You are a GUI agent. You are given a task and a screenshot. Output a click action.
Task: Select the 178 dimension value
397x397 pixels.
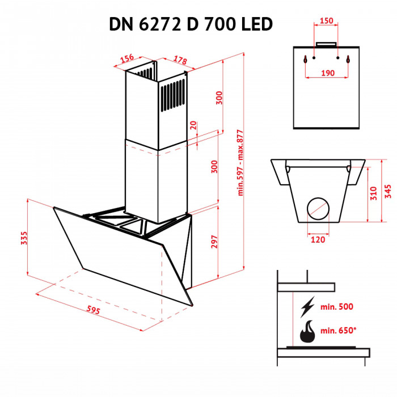[x=180, y=60]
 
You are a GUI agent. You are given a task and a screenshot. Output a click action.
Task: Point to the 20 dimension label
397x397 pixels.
[x=193, y=125]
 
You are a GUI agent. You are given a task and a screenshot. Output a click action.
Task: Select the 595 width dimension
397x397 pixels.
[x=94, y=310]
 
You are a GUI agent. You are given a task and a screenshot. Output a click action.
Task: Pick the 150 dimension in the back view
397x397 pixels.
[x=326, y=21]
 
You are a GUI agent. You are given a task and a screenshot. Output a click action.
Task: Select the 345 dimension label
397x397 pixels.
[x=388, y=191]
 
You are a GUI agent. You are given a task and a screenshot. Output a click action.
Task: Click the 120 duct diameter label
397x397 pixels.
[x=318, y=240]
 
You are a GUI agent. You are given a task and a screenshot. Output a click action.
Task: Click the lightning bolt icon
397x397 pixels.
[x=307, y=307]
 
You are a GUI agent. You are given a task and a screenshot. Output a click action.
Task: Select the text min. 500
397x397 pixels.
[x=336, y=307]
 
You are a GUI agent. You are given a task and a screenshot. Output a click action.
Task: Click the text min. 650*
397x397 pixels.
[x=338, y=331]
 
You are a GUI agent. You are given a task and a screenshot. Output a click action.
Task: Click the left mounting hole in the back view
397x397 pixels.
[x=306, y=58]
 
